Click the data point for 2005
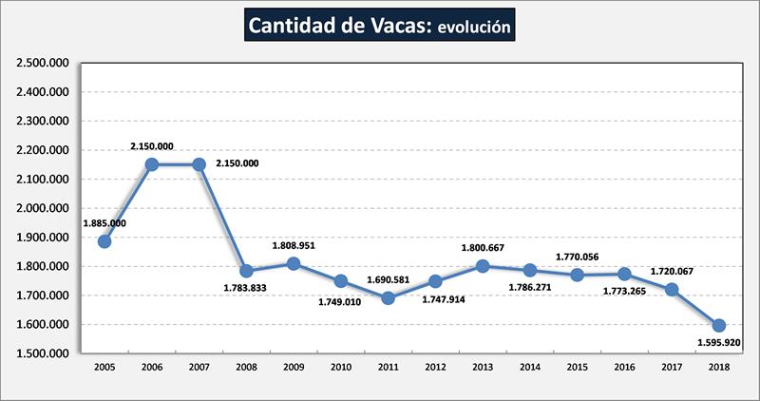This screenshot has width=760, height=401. (x=104, y=241)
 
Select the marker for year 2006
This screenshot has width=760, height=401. (x=152, y=164)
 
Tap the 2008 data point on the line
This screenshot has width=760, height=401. (x=246, y=271)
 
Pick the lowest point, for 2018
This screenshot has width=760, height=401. (x=719, y=326)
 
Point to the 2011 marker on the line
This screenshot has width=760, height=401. (x=388, y=297)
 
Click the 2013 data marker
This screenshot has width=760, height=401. (x=483, y=266)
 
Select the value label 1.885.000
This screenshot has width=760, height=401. (x=105, y=223)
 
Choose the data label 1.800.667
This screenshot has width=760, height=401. (x=483, y=248)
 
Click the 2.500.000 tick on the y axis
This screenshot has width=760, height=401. (x=44, y=64)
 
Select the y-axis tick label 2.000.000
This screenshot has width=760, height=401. (x=44, y=209)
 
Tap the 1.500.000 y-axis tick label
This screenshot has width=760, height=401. (x=44, y=353)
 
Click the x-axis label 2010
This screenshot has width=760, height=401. (x=341, y=367)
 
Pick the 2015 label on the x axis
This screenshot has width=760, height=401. (x=578, y=367)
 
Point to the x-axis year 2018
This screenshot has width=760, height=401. (x=719, y=367)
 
